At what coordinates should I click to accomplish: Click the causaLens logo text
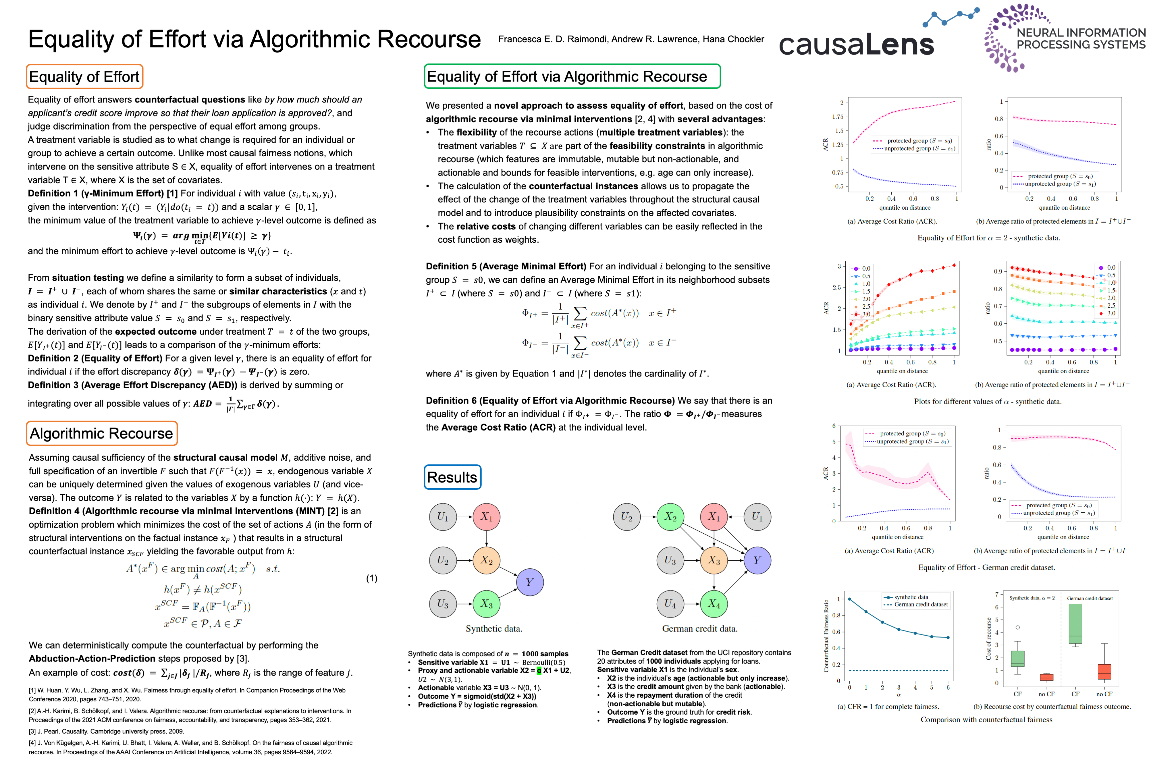click(x=856, y=45)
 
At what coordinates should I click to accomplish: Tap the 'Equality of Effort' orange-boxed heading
click(x=84, y=77)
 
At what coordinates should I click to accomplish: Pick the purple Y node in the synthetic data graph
click(x=530, y=582)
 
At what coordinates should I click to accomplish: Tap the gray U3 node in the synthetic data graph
click(x=443, y=603)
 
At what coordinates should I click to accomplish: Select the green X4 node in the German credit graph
click(x=714, y=604)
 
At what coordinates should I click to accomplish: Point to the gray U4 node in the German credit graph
click(x=670, y=604)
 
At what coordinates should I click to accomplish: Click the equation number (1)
click(x=372, y=578)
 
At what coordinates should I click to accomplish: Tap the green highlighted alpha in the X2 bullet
click(x=539, y=671)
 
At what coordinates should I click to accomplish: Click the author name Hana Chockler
click(x=733, y=39)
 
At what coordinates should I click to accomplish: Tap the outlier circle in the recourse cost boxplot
click(x=1018, y=627)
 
